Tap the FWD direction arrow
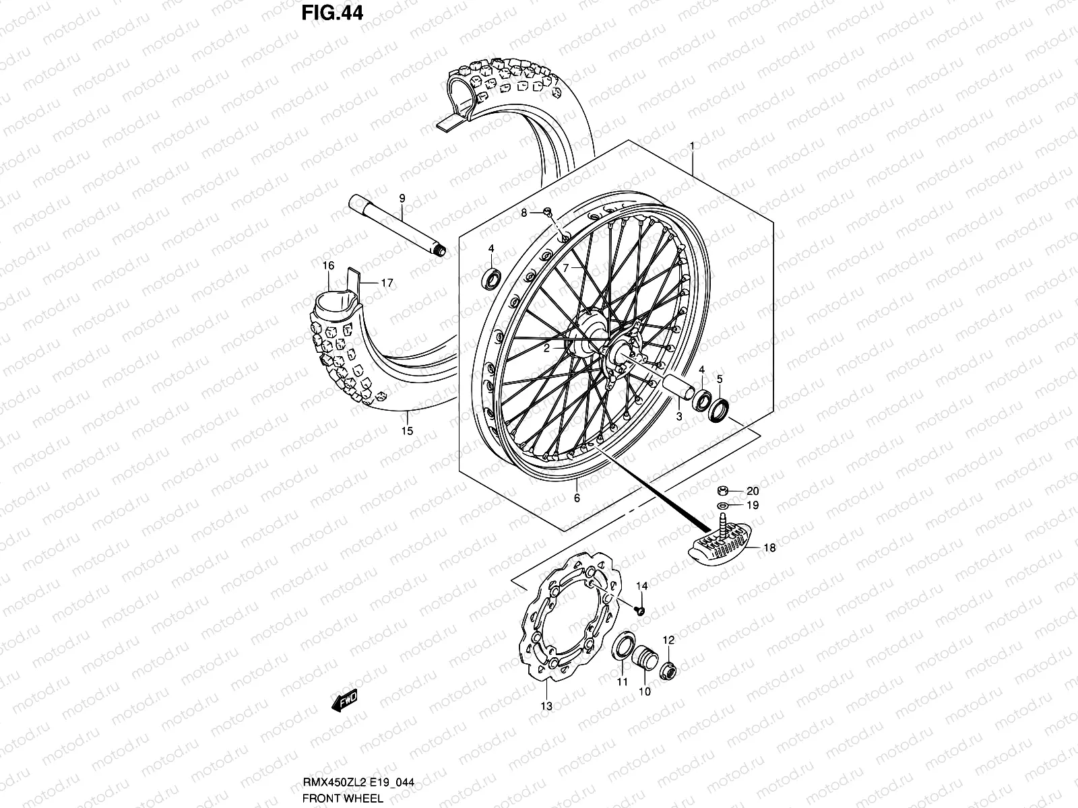pos(344,701)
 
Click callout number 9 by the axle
pos(402,198)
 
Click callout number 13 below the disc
pos(546,706)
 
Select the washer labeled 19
pos(722,505)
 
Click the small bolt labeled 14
pos(641,609)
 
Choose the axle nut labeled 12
pos(668,669)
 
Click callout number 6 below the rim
pos(577,498)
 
